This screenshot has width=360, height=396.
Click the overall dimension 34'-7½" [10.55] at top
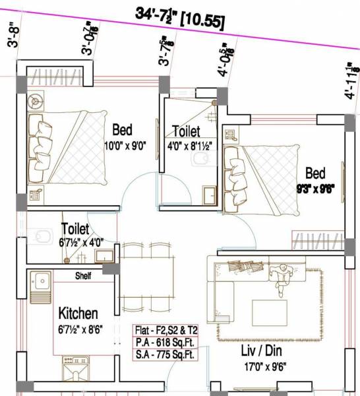(179, 16)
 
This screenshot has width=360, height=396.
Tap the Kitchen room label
(78, 312)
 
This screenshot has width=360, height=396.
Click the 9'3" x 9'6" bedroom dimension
(315, 188)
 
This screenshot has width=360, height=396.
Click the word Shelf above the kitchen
(83, 275)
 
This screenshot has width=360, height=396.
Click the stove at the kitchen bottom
(73, 368)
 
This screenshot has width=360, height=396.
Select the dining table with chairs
(146, 271)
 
